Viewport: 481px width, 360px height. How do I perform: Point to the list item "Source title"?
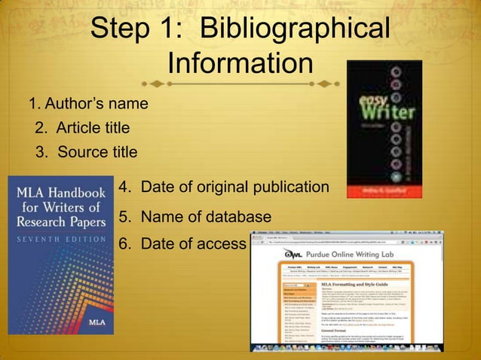coord(87,152)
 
